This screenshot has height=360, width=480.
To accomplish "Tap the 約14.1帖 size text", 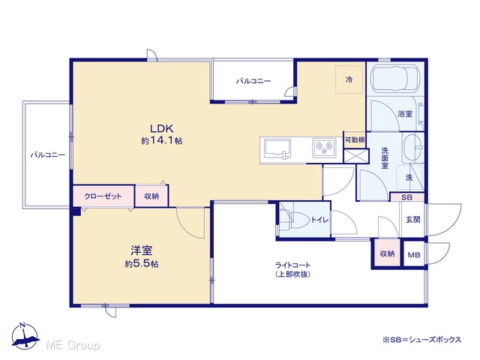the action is point(162,140).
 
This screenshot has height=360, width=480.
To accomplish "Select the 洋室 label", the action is point(142,250).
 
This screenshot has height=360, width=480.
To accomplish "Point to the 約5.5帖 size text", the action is point(142,263).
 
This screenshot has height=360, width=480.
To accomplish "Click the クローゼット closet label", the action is point(103,196).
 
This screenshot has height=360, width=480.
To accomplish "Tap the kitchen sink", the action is point(277,149).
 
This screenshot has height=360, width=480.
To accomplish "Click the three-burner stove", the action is point(324,148).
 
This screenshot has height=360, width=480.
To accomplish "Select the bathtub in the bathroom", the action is point(395,78).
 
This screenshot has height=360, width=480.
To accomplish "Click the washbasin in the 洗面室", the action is point(413,148).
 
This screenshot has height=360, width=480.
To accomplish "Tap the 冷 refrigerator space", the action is point(349,79).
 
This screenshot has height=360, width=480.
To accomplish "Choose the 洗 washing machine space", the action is point(409,178).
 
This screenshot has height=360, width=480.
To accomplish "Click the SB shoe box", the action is point(406,197).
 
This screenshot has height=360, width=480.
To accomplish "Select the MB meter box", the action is point(414,254).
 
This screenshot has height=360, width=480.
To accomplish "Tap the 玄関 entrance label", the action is point(413,219).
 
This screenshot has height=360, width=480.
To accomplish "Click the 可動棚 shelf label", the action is point(355,140).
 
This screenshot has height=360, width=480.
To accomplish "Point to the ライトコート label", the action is point(293,265).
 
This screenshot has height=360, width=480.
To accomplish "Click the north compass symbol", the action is point(25,336).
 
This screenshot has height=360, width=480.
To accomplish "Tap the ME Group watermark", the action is point(73,345).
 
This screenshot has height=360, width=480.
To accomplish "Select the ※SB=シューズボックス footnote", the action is point(421,340).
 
